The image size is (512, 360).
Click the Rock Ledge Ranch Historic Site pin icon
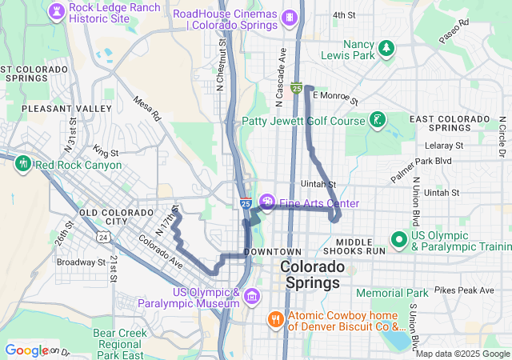(58, 11)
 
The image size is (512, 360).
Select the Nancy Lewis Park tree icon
(387, 48)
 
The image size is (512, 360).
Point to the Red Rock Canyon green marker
(22, 165)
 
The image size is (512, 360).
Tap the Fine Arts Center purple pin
(266, 203)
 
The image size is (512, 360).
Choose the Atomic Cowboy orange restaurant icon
(275, 319)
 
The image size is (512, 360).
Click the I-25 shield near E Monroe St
(296, 88)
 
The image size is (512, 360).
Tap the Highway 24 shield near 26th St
(102, 237)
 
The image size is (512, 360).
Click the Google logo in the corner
(26, 350)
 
